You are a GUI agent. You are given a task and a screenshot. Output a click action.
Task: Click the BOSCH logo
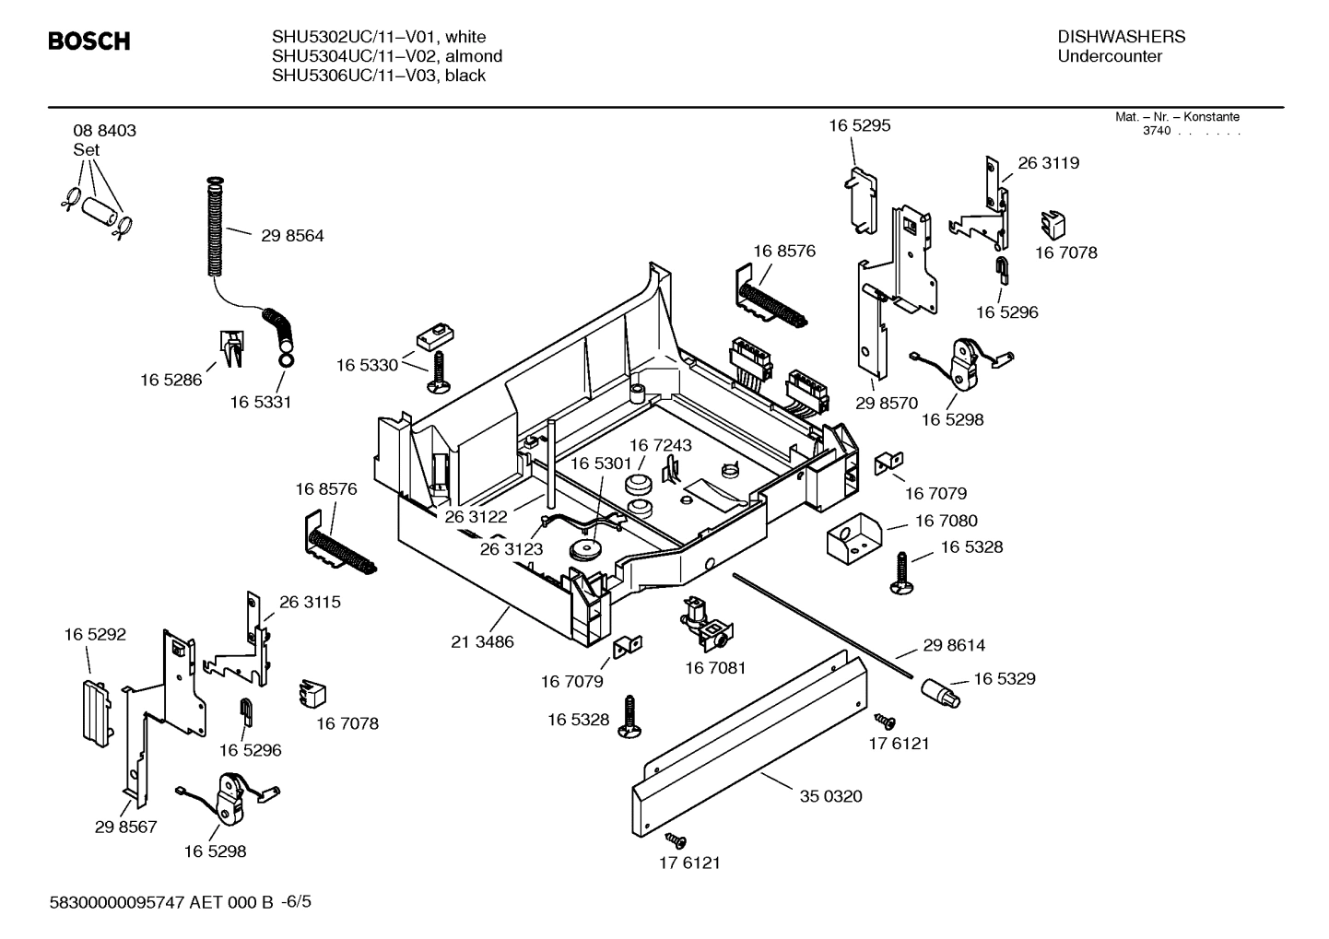pyautogui.click(x=88, y=41)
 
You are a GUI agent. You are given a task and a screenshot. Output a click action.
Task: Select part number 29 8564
pyautogui.click(x=292, y=236)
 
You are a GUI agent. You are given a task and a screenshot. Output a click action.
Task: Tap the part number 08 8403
pyautogui.click(x=104, y=131)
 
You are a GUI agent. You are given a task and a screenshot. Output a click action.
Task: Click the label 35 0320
pyautogui.click(x=830, y=796)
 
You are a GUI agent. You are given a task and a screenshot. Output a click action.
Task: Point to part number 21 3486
pyautogui.click(x=482, y=641)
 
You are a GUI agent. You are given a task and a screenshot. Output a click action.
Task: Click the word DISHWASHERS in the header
pyautogui.click(x=1121, y=37)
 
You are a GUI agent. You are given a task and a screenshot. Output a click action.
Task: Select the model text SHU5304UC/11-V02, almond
pyautogui.click(x=387, y=56)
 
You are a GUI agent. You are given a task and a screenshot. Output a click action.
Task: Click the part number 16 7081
pyautogui.click(x=715, y=667)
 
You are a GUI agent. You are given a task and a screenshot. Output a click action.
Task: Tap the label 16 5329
pyautogui.click(x=1004, y=679)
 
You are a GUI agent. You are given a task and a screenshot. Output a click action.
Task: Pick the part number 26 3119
pyautogui.click(x=1048, y=163)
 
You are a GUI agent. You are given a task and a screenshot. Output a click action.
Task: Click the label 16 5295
pyautogui.click(x=859, y=125)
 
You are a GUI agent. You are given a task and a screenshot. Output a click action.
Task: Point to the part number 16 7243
pyautogui.click(x=660, y=445)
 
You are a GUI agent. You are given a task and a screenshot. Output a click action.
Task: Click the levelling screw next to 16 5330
pyautogui.click(x=438, y=373)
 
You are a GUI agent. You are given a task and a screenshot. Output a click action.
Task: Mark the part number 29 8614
pyautogui.click(x=954, y=646)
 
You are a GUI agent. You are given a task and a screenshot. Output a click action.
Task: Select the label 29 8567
pyautogui.click(x=125, y=827)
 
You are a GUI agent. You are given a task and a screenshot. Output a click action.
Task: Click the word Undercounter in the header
pyautogui.click(x=1110, y=56)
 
